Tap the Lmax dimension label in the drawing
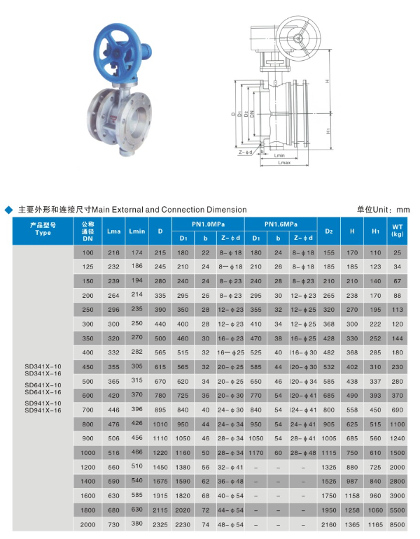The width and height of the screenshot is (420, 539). [x=284, y=162]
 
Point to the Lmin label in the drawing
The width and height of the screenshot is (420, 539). [x=280, y=155]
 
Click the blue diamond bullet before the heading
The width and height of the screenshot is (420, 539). [x=8, y=209]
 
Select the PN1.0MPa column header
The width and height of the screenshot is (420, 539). [x=209, y=224]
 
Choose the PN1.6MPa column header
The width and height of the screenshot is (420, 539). [x=281, y=224]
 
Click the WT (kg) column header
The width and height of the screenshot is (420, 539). [x=397, y=230]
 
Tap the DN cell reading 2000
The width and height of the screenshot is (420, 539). [x=87, y=524]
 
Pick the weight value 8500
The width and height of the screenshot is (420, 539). [x=397, y=524]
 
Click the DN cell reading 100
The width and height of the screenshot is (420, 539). [x=87, y=252]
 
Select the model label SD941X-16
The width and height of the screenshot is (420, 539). [x=43, y=410]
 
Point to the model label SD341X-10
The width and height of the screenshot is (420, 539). [x=43, y=366]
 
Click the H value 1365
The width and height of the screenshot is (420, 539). [x=353, y=524]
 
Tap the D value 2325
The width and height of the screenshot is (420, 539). [x=160, y=524]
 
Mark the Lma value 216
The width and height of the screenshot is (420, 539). [x=113, y=252]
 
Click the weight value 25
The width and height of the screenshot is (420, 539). [x=397, y=252]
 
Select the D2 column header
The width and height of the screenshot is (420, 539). [x=329, y=230]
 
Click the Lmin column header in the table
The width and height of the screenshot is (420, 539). [x=136, y=230]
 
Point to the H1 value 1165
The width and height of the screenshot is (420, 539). [x=376, y=524]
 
